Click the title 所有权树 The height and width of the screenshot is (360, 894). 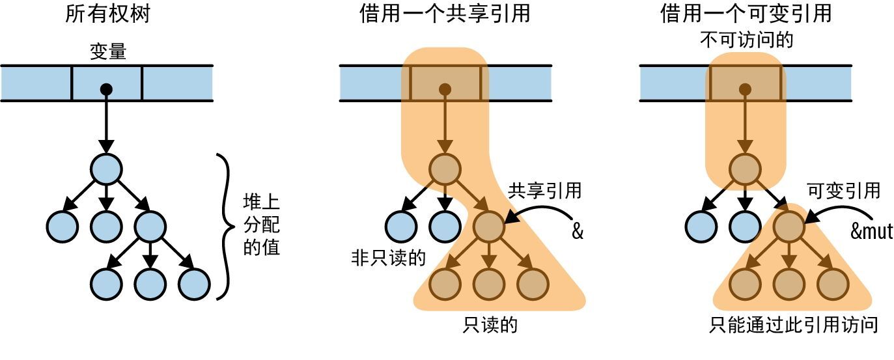tap(107, 14)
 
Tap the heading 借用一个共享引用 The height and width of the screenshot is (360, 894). tap(445, 14)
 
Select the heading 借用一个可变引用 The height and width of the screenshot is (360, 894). tap(746, 14)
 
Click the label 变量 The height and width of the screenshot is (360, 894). tap(107, 52)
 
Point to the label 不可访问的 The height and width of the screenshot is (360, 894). tap(746, 40)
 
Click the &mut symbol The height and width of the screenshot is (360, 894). tap(871, 231)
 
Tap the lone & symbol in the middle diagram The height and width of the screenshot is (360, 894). tap(577, 232)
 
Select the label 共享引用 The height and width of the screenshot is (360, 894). tap(544, 191)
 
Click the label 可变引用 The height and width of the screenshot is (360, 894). tap(843, 191)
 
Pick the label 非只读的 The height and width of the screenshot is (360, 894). tap(388, 258)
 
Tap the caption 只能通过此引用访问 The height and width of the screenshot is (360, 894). tap(794, 325)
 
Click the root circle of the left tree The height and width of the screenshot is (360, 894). tap(106, 169)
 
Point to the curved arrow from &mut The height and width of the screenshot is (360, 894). tap(837, 212)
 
